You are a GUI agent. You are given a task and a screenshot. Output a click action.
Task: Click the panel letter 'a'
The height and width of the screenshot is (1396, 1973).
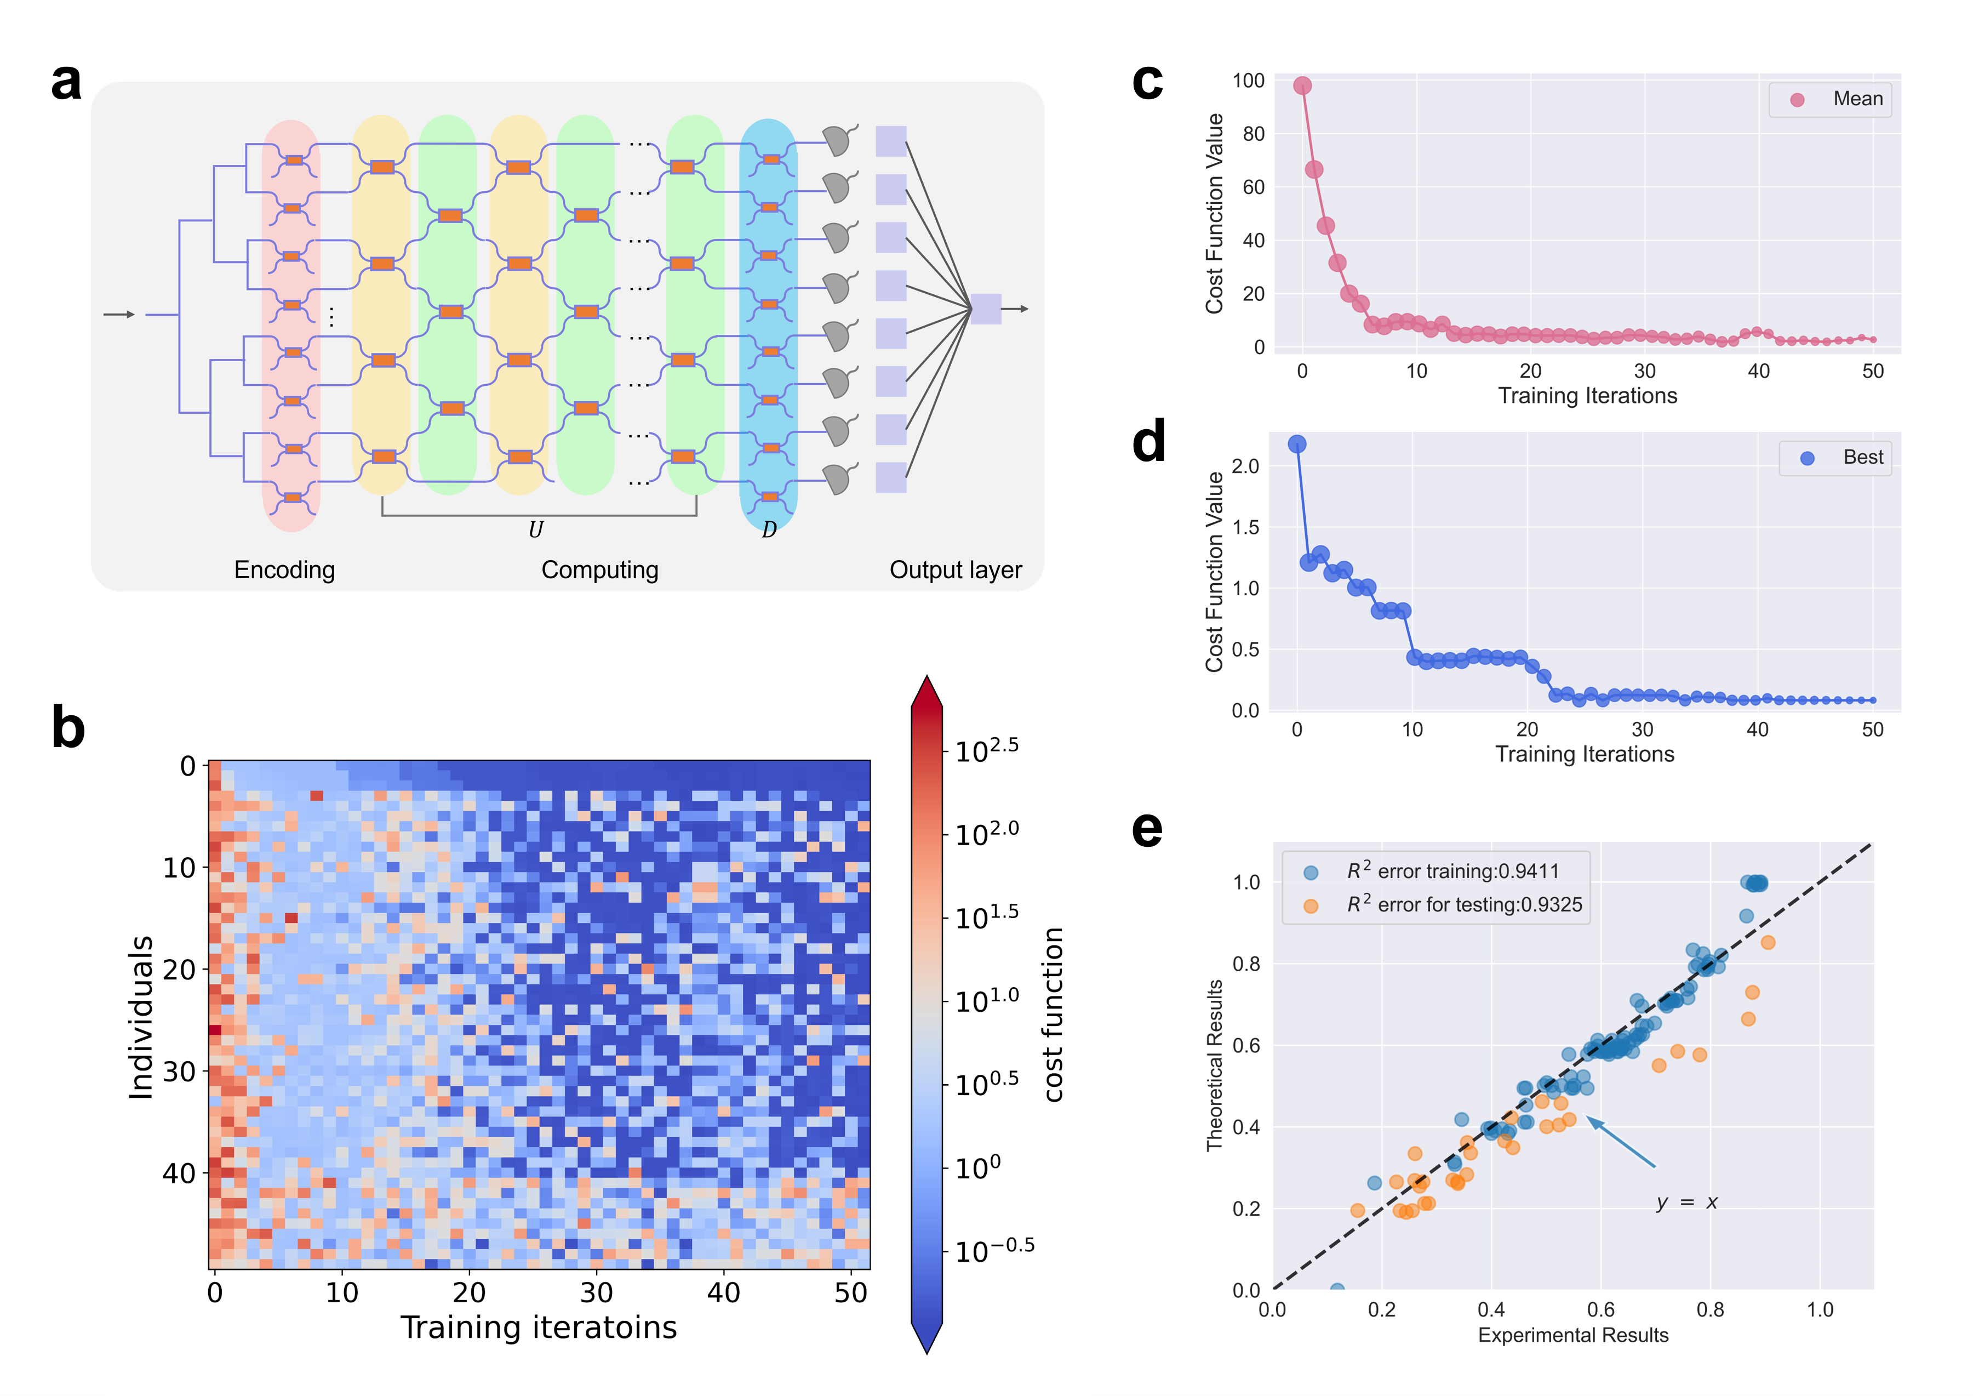(x=66, y=83)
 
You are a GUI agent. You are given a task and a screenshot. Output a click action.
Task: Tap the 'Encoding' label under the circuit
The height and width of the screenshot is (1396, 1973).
(x=284, y=570)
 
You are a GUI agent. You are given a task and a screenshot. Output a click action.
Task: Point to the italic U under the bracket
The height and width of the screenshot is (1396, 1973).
(x=535, y=529)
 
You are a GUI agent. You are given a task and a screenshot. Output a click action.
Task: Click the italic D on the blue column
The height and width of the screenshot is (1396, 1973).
(x=769, y=529)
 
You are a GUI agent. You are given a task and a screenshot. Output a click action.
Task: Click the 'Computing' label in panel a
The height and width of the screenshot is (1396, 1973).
(x=600, y=570)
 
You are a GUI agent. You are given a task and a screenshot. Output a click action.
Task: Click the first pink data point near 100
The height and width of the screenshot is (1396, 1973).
(x=1303, y=85)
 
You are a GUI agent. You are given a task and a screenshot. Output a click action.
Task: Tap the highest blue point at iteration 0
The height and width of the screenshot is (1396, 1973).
(x=1297, y=443)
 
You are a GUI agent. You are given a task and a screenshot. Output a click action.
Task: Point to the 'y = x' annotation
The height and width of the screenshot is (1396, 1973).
(x=1687, y=1202)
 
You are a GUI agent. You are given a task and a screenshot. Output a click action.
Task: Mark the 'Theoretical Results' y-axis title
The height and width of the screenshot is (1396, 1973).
(x=1214, y=1066)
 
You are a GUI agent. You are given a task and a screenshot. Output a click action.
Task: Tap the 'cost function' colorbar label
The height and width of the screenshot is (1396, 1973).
(x=1054, y=1015)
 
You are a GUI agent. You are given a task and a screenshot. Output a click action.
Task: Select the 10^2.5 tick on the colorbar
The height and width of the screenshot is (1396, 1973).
(x=986, y=750)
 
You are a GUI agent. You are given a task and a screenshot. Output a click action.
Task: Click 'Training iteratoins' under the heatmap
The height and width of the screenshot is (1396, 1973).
(x=539, y=1327)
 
